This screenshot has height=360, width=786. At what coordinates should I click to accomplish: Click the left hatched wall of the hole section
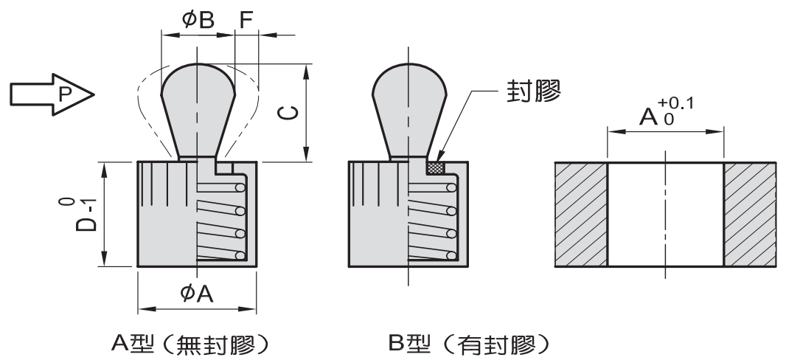pyautogui.click(x=581, y=214)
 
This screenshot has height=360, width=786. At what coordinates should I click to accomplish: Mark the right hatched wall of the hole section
pyautogui.click(x=750, y=214)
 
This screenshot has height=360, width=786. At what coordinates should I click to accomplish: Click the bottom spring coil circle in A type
pyautogui.click(x=240, y=255)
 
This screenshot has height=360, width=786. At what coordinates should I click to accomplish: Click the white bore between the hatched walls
pyautogui.click(x=665, y=214)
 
